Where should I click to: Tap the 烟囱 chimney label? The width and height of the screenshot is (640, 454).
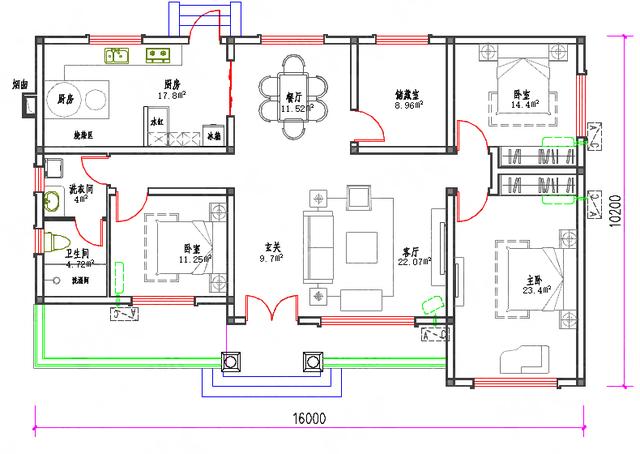[19, 85]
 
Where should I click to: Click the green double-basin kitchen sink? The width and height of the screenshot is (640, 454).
[115, 56]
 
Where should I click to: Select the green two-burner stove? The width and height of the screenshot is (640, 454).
[158, 55]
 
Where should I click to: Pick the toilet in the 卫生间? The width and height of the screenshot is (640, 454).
[56, 244]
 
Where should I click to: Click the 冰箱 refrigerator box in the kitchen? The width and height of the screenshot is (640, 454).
[214, 133]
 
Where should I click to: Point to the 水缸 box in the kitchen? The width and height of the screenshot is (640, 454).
[157, 120]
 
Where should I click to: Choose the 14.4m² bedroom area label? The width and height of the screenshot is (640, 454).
[524, 103]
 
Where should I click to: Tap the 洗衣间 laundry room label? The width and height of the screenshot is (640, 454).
[81, 187]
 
